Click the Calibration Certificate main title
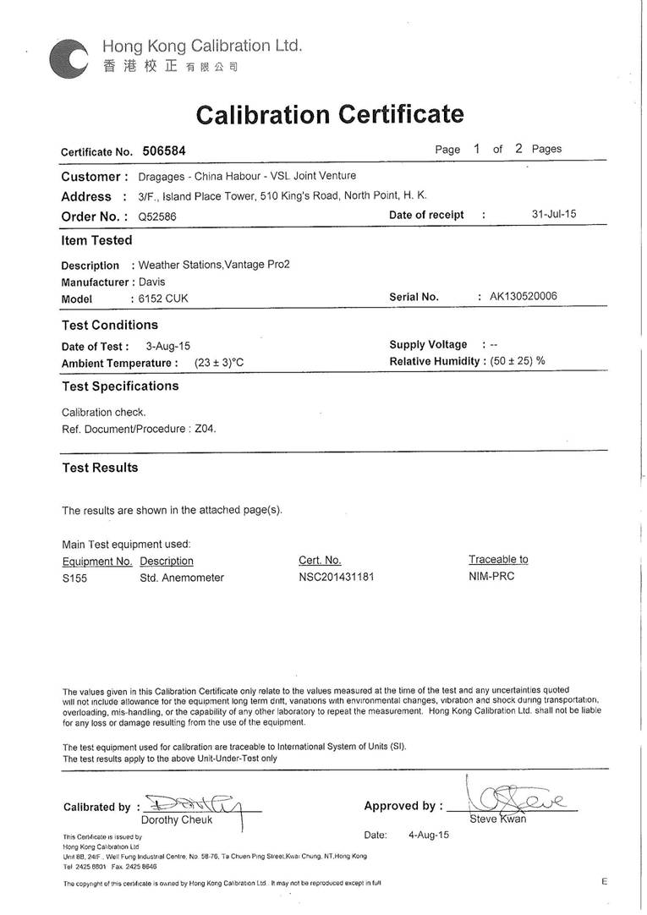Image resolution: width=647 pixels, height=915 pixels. (330, 114)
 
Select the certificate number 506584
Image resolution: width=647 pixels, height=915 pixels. (164, 151)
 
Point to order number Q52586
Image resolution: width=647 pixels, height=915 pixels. (157, 216)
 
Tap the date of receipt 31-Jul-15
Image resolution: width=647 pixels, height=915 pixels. (554, 214)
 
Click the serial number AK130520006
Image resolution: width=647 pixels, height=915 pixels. (524, 296)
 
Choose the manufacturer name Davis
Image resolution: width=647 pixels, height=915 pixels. (152, 282)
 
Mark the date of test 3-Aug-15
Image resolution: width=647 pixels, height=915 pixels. (167, 346)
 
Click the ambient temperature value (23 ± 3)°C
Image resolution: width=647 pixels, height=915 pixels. (219, 363)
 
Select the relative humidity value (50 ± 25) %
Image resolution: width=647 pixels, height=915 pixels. (518, 361)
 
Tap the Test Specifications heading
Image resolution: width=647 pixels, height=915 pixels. (120, 386)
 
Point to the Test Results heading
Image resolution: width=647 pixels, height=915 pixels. (100, 468)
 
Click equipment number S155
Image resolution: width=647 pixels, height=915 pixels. (74, 578)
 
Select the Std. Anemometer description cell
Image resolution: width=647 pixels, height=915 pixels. (182, 578)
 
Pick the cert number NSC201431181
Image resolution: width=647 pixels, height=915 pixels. (336, 577)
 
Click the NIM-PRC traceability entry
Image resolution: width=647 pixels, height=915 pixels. (491, 577)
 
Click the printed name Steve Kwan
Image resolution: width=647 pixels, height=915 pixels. (498, 819)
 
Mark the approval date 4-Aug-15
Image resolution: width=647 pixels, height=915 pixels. (429, 835)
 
